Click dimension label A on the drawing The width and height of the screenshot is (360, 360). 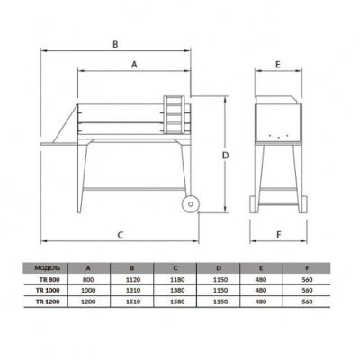point(134,65)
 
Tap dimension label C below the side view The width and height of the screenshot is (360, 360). point(120,236)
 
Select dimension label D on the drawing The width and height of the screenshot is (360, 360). point(228,155)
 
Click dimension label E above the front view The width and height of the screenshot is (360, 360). point(279,65)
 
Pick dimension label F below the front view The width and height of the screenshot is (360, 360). point(279,236)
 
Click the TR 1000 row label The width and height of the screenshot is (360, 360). point(46,291)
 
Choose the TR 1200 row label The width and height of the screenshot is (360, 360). point(46,301)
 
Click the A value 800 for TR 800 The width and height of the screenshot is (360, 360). point(88,280)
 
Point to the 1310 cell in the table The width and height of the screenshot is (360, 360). point(130,291)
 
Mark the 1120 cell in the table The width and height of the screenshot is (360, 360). point(130,280)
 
